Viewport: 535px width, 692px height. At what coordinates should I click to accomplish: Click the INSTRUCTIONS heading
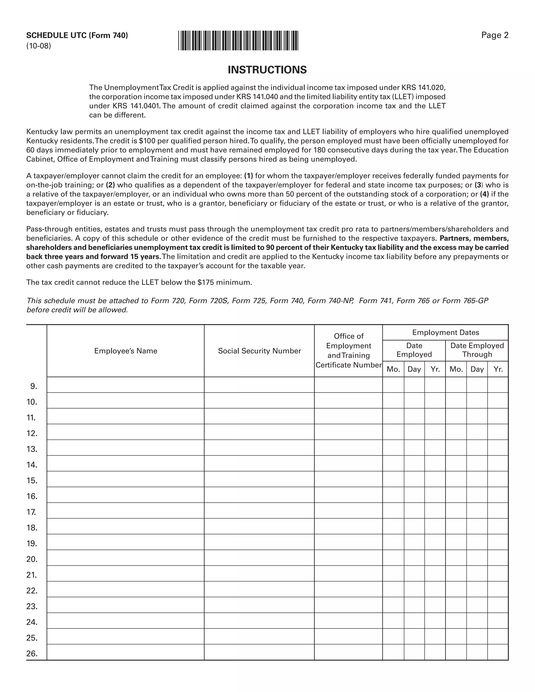pyautogui.click(x=267, y=70)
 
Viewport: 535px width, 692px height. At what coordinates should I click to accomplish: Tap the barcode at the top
pyautogui.click(x=238, y=40)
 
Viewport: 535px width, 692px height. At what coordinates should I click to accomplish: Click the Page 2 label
pyautogui.click(x=495, y=35)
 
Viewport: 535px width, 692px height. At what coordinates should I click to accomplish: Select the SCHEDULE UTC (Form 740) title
pyautogui.click(x=77, y=35)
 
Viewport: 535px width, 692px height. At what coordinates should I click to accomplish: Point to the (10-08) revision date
pyautogui.click(x=39, y=46)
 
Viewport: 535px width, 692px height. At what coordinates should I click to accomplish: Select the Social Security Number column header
pyautogui.click(x=259, y=351)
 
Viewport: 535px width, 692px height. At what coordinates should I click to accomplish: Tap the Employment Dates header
pyautogui.click(x=445, y=332)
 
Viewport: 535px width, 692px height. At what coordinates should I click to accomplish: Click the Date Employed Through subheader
pyautogui.click(x=477, y=350)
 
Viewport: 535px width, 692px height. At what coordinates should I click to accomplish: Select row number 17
pyautogui.click(x=31, y=512)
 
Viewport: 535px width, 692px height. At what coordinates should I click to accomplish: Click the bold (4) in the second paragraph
pyautogui.click(x=484, y=194)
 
